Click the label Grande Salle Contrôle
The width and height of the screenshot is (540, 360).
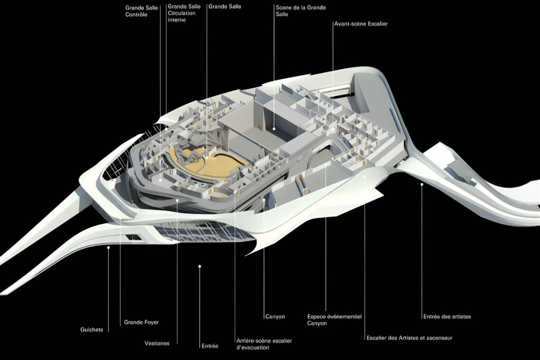(x=141, y=11)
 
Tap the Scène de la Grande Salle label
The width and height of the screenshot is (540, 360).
(x=301, y=11)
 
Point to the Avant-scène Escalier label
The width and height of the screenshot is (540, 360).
(x=361, y=24)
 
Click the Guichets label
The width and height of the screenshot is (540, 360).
(x=92, y=329)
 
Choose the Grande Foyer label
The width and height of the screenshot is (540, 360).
(x=141, y=322)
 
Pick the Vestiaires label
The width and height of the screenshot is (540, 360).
(x=157, y=343)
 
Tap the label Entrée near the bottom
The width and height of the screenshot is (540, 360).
(x=210, y=346)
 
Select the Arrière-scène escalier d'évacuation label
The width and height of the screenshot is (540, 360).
(x=264, y=344)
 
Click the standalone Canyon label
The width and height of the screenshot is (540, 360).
(x=275, y=316)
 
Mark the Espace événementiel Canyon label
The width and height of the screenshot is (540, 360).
(x=334, y=320)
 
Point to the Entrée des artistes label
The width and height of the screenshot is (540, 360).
(x=447, y=316)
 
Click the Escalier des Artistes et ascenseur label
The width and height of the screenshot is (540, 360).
(x=409, y=338)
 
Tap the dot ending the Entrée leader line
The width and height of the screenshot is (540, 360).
(x=199, y=266)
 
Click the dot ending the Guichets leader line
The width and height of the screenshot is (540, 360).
(x=108, y=247)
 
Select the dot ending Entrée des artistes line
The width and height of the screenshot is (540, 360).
(x=421, y=184)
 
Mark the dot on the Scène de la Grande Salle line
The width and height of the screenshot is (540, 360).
(x=274, y=129)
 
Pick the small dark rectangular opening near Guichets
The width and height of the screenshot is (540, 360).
(x=133, y=237)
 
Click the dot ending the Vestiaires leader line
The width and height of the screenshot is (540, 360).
(x=177, y=200)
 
